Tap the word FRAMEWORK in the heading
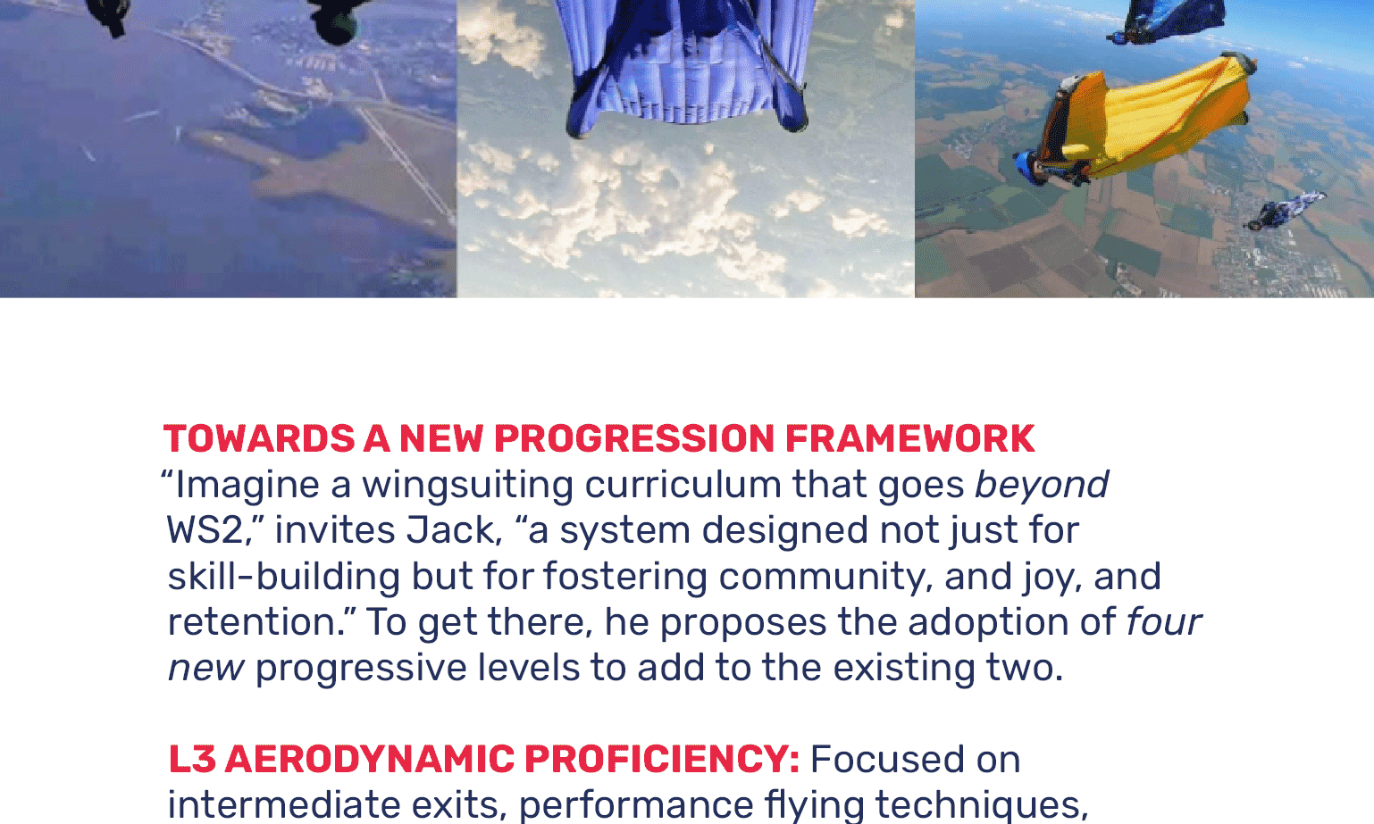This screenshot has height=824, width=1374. [x=909, y=439]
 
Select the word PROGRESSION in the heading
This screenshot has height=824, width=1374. [x=634, y=439]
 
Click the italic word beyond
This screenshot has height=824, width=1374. [x=1042, y=485]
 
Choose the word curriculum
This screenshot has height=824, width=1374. [x=683, y=485]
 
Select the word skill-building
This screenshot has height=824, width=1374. [x=283, y=577]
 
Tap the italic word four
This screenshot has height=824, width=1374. [x=1163, y=622]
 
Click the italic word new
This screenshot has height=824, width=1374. [x=206, y=669]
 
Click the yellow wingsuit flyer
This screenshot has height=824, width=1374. [x=1135, y=122]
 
